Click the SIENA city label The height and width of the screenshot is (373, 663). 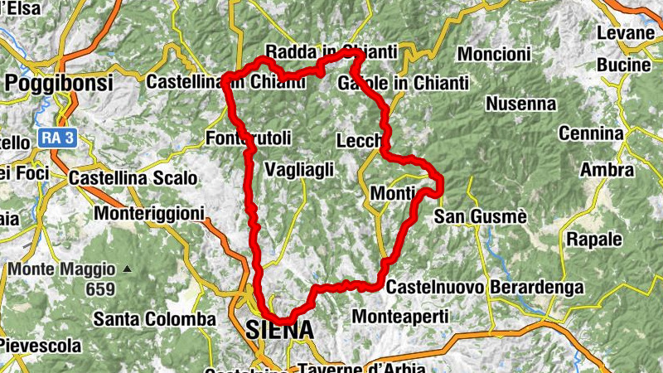(280, 330)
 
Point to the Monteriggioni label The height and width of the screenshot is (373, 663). (149, 214)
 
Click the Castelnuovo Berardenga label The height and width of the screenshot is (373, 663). (485, 288)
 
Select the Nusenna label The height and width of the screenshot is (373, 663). (520, 104)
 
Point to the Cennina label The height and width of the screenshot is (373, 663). (590, 133)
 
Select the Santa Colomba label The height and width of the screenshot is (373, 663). (154, 318)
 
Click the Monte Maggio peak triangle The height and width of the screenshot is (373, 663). (127, 269)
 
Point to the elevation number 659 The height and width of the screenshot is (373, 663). (99, 289)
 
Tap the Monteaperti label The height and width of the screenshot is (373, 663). (400, 316)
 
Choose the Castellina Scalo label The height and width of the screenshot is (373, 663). (133, 177)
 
